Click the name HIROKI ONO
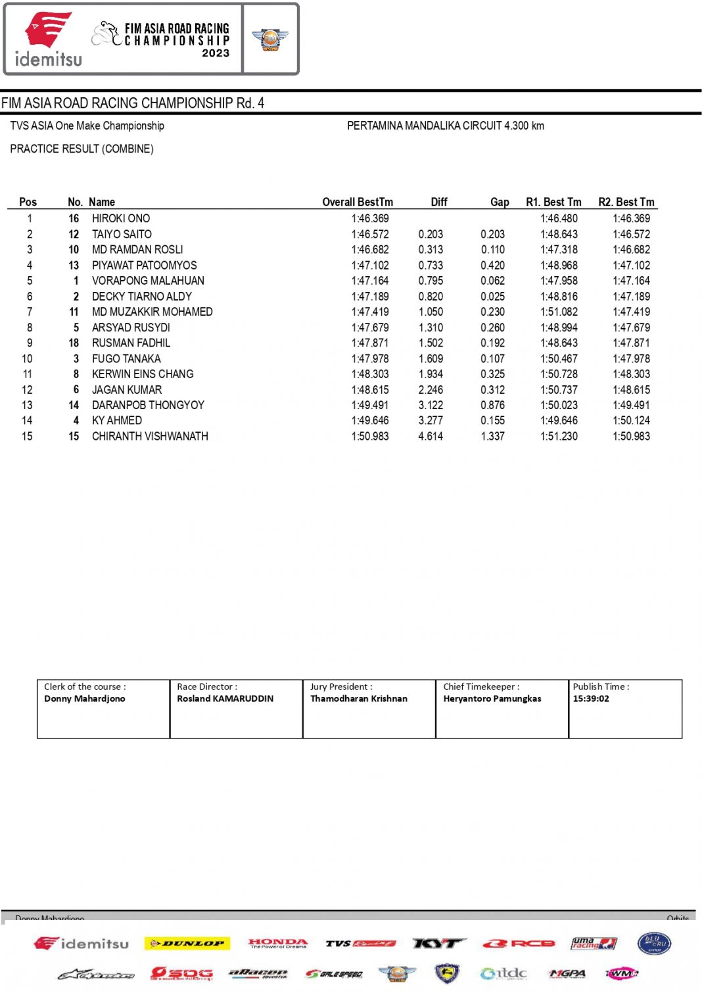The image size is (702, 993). [121, 218]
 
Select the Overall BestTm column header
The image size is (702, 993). [357, 202]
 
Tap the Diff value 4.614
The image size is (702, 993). [431, 436]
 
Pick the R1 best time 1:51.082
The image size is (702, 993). [559, 312]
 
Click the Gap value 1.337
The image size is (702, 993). [492, 436]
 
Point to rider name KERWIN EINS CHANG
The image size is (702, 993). [143, 374]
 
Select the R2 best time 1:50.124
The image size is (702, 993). [631, 420]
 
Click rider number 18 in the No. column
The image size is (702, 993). [74, 343]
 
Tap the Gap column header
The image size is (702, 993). [500, 202]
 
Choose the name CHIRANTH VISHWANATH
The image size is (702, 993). [150, 436]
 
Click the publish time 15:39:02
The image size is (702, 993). [591, 698]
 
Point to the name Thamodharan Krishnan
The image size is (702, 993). [359, 698]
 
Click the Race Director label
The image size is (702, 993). [207, 687]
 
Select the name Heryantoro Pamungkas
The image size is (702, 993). [492, 698]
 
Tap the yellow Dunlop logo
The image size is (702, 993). [187, 944]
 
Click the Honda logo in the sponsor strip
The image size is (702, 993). [278, 943]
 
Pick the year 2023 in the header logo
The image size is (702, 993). [216, 53]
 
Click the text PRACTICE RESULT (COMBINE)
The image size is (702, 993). [82, 149]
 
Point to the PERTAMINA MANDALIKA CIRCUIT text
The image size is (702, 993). [445, 126]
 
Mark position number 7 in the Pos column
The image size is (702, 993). [30, 312]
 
